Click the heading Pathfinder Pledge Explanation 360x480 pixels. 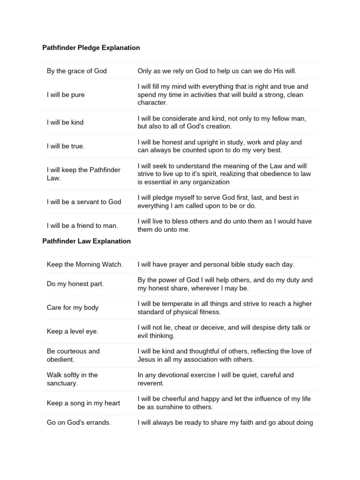91,48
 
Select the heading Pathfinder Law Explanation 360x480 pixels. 87,241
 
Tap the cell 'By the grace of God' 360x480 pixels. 77,71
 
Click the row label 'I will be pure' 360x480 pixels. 66,95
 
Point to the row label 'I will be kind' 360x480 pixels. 65,122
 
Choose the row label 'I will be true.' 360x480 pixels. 66,146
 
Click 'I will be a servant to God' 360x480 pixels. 84,202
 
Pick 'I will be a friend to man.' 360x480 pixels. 82,225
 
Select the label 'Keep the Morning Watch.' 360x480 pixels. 85,264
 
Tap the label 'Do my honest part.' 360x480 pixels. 75,284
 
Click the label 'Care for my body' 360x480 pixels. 73,307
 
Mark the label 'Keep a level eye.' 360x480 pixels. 73,331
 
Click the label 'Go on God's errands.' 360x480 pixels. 79,422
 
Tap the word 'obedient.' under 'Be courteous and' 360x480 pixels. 61,359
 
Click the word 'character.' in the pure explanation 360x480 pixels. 152,103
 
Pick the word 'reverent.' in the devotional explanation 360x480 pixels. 151,383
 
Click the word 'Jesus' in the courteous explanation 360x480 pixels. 147,359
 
